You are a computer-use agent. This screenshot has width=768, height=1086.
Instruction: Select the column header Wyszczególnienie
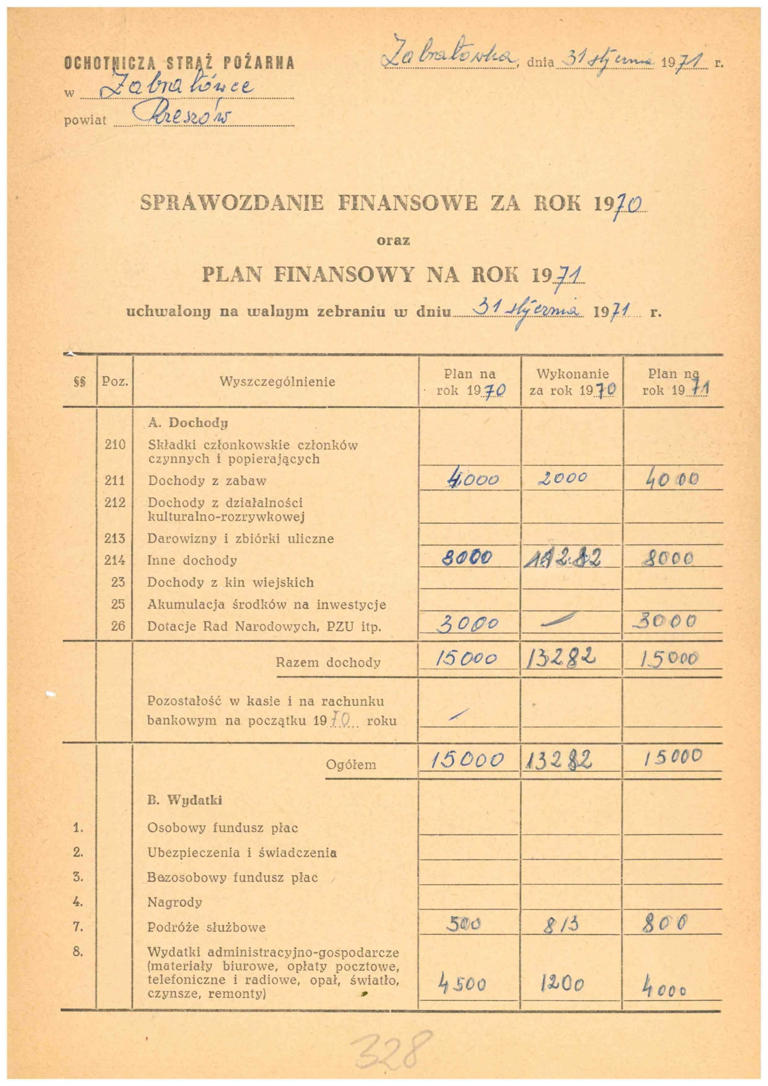277,382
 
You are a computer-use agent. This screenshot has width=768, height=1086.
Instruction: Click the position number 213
115,538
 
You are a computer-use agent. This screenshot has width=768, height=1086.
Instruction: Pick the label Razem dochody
328,662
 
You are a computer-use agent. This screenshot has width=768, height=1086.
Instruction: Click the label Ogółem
351,764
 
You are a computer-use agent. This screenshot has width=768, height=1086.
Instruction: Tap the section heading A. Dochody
188,422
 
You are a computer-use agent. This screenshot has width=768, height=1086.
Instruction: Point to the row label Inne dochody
192,560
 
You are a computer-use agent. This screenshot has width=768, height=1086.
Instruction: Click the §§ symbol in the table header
79,382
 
